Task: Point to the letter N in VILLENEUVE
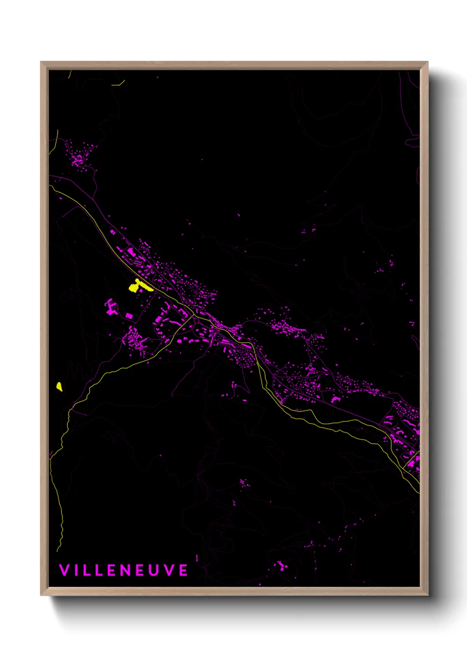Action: point(126,570)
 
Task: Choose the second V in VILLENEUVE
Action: point(169,570)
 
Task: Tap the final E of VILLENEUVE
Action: point(183,570)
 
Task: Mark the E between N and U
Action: point(141,570)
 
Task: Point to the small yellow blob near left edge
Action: point(59,387)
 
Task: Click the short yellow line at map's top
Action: point(118,83)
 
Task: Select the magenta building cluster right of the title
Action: point(280,565)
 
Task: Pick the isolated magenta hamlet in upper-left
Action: point(79,157)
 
